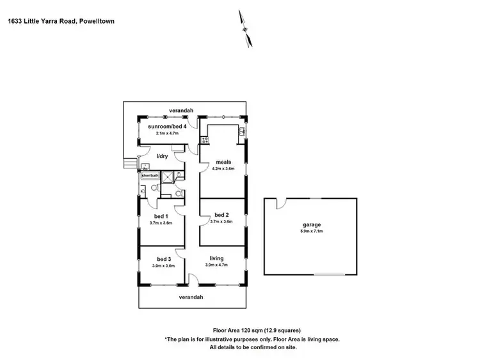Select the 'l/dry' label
tap(163, 156)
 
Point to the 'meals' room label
tap(223, 162)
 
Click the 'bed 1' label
tap(161, 215)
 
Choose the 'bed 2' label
tap(221, 214)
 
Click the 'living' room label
tap(216, 258)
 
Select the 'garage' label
tap(312, 224)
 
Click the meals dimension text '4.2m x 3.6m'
tap(223, 169)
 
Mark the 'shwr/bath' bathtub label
tap(148, 175)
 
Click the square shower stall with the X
tap(168, 178)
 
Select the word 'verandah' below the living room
tap(191, 297)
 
